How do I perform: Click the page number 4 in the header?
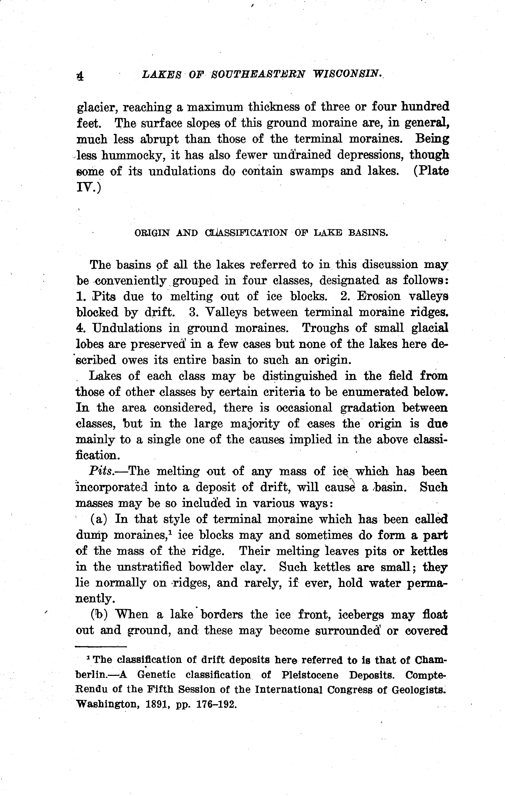click(80, 77)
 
